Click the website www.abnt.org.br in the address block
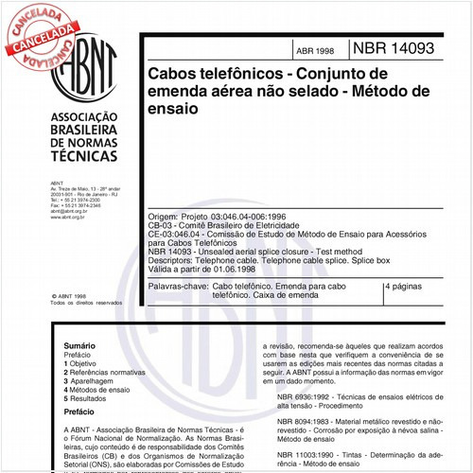click(x=67, y=217)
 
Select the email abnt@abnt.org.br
click(x=67, y=211)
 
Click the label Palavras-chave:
click(x=178, y=285)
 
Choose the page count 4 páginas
click(x=405, y=285)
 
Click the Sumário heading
click(x=79, y=347)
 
